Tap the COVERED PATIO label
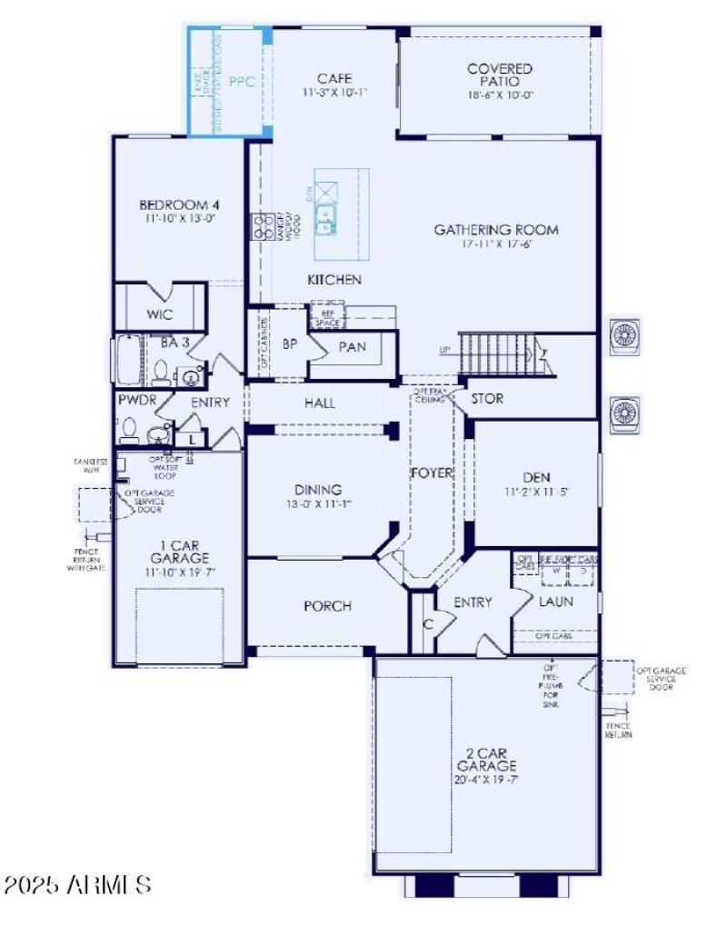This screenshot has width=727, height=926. point(499,75)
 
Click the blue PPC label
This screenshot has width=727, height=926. point(241,81)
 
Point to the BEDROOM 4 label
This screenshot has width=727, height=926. point(178,204)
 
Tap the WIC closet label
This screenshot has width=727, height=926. point(159,314)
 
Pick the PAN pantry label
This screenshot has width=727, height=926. point(352,346)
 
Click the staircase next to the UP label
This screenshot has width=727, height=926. point(495,351)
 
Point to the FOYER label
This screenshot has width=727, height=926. point(432,473)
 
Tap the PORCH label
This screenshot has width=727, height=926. point(326,606)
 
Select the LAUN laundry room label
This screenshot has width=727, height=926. point(555,602)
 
